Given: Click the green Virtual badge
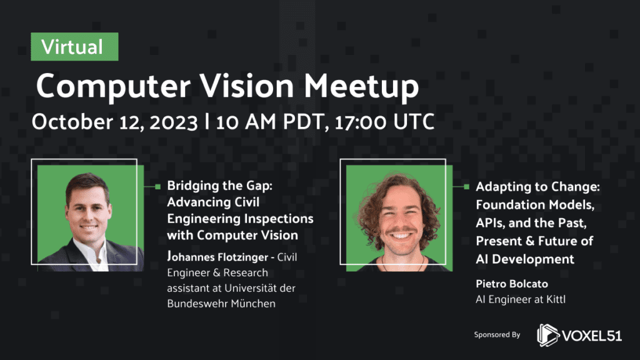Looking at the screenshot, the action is click(75, 46).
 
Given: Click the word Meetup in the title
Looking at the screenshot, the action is click(361, 86).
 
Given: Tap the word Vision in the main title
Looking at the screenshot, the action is click(246, 86).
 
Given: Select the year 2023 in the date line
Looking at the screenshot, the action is click(174, 122).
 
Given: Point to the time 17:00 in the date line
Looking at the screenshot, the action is click(360, 122).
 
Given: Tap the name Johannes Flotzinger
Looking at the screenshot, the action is click(217, 257).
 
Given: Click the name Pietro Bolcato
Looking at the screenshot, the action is click(512, 284).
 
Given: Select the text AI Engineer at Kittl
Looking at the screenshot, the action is click(521, 299).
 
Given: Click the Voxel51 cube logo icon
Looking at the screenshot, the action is click(547, 336).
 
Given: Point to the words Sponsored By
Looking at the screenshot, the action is click(497, 335).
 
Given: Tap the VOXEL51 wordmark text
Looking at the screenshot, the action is click(592, 336).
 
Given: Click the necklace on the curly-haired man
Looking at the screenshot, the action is click(403, 264).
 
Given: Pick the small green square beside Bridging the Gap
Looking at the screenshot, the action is click(158, 186).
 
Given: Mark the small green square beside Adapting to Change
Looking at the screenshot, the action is click(466, 186).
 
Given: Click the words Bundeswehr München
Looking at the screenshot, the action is click(221, 304).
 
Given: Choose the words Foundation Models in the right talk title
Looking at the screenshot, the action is click(535, 204).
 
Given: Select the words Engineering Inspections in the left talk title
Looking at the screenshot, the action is click(240, 219).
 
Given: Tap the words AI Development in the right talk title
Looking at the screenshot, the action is click(525, 259).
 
